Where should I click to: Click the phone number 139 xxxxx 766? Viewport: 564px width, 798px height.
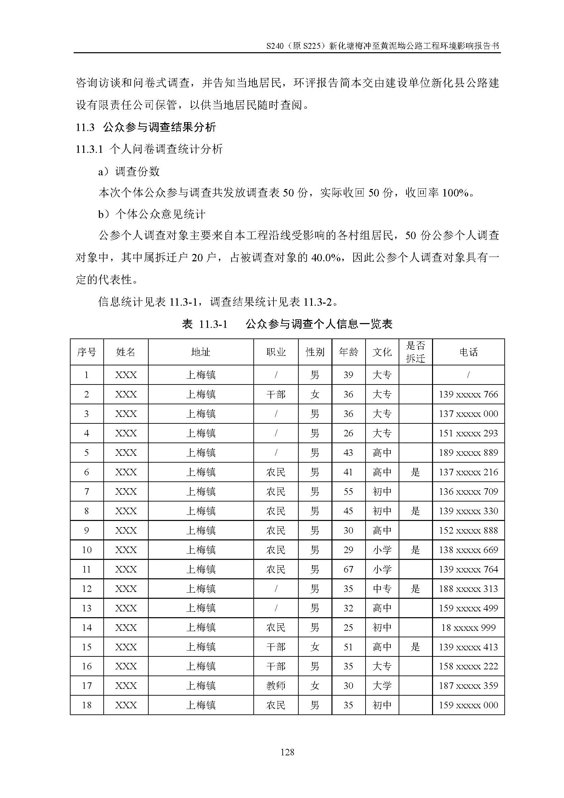pyautogui.click(x=468, y=394)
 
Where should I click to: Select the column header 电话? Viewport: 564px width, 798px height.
pyautogui.click(x=468, y=352)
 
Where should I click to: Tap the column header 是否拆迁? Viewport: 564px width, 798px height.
pyautogui.click(x=415, y=352)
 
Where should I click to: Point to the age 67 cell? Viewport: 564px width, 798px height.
pyautogui.click(x=348, y=569)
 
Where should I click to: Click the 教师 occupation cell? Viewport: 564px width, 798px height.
pyautogui.click(x=276, y=686)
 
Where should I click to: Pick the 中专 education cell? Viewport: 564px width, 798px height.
pyautogui.click(x=382, y=589)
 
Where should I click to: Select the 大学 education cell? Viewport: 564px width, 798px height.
pyautogui.click(x=382, y=686)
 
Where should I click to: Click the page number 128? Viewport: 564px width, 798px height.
pyautogui.click(x=287, y=753)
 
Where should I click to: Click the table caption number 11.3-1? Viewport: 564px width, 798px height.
pyautogui.click(x=213, y=324)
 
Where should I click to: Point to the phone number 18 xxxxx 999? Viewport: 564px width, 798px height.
pyautogui.click(x=468, y=627)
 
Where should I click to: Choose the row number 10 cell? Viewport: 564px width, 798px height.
pyautogui.click(x=87, y=550)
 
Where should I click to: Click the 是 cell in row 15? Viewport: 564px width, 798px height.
pyautogui.click(x=415, y=647)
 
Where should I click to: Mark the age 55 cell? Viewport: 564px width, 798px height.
pyautogui.click(x=348, y=491)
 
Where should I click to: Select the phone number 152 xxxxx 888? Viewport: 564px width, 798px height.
pyautogui.click(x=468, y=531)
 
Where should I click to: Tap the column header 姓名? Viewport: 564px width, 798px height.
pyautogui.click(x=125, y=352)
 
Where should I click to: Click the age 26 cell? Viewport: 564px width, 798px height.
pyautogui.click(x=348, y=433)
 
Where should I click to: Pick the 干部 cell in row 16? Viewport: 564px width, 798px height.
pyautogui.click(x=276, y=666)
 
